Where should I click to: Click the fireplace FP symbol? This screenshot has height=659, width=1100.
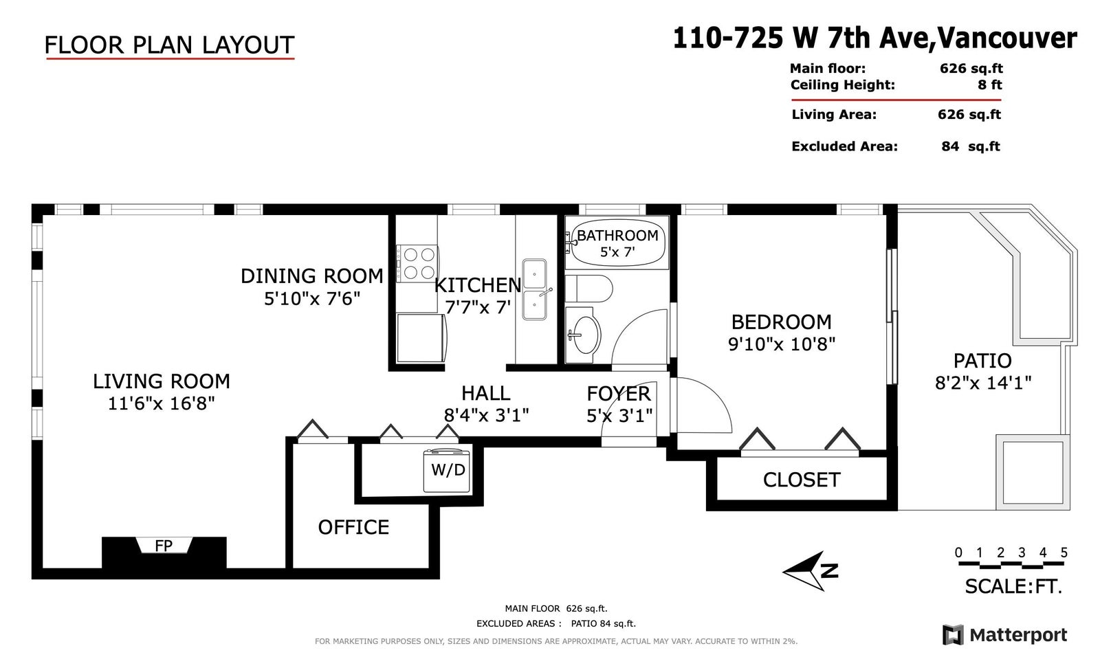tap(164, 545)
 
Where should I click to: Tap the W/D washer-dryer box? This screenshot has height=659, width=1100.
tap(447, 471)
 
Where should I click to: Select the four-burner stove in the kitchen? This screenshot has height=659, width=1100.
tap(417, 263)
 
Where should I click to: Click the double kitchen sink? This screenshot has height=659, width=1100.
tap(534, 289)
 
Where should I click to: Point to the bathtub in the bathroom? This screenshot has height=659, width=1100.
tap(617, 243)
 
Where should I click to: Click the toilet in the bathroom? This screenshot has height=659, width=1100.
tap(588, 289)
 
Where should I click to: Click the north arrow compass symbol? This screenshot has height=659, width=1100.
tap(810, 571)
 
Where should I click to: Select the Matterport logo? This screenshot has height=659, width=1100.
tap(1004, 635)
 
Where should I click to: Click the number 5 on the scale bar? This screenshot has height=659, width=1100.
tap(1064, 552)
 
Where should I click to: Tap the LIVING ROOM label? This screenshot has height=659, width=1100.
tap(162, 381)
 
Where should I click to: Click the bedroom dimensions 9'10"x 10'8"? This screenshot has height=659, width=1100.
tap(781, 344)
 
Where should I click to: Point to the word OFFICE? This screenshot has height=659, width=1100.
tap(353, 527)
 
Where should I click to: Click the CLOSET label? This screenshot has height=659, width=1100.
tap(802, 480)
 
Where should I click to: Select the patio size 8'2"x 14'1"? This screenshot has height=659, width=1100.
tap(982, 383)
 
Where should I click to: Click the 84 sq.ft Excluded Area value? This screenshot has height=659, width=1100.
tap(970, 146)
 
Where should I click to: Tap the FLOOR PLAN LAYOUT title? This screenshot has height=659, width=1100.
tap(169, 45)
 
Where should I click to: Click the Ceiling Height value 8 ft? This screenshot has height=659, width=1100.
tap(989, 85)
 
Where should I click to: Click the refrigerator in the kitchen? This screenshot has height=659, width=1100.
tap(421, 338)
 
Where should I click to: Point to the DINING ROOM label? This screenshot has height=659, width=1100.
tap(312, 276)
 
